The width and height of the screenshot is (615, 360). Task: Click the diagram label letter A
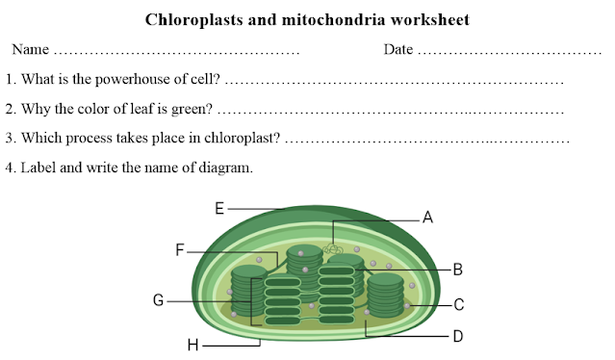(x=428, y=219)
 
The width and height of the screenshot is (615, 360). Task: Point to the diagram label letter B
(x=458, y=270)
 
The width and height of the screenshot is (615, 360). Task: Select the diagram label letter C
(x=459, y=305)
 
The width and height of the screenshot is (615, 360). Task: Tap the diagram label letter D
(x=458, y=336)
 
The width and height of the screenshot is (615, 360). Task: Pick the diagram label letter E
(x=219, y=207)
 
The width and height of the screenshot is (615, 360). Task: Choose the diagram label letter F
(x=180, y=250)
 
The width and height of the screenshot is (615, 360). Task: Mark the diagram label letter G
(x=158, y=300)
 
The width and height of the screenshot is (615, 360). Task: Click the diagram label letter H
(x=192, y=344)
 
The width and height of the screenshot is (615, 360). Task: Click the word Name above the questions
(x=31, y=49)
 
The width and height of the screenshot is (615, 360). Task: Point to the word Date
(x=398, y=49)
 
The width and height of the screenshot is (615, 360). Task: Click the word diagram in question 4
(x=224, y=167)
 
